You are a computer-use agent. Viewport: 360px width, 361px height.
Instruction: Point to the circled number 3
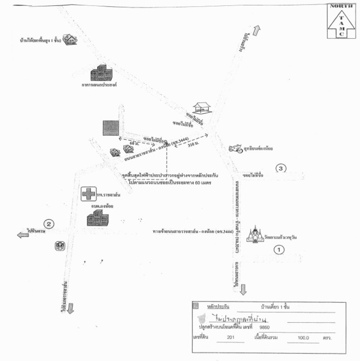pos(281,169)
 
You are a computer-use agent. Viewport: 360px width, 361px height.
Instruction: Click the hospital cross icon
pos(88,194)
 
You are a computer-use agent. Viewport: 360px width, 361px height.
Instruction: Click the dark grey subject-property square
pos(110,128)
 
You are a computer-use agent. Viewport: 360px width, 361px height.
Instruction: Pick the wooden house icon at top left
pos(69,40)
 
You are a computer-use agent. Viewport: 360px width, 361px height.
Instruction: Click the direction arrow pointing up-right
pos(256,31)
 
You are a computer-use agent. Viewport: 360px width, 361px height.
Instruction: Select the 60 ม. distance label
pos(132,143)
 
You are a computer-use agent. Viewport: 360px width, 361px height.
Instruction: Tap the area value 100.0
pos(302,338)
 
